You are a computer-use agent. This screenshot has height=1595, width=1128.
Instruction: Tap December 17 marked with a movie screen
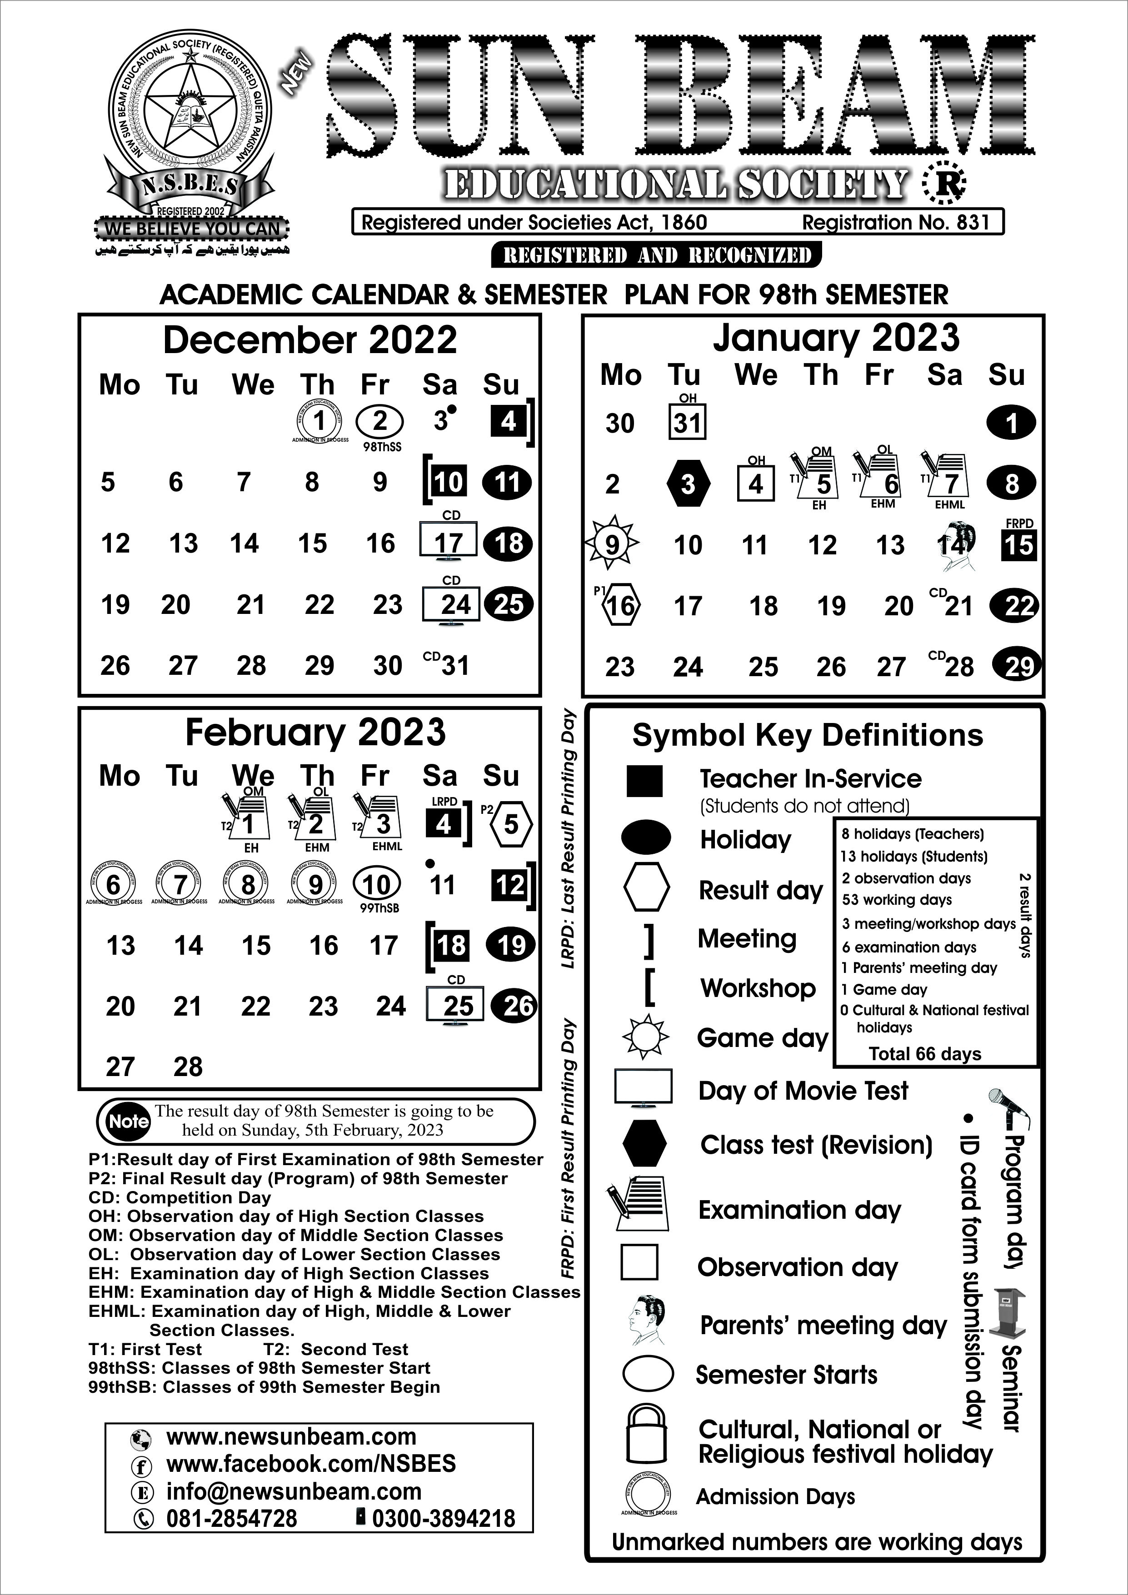(449, 542)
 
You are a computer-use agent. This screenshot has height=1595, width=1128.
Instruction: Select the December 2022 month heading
(310, 340)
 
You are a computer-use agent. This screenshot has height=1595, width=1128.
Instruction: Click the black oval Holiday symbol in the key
(646, 838)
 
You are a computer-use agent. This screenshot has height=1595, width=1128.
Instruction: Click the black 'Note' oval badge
(129, 1121)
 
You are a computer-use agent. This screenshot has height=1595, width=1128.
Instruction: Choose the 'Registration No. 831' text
(895, 222)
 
